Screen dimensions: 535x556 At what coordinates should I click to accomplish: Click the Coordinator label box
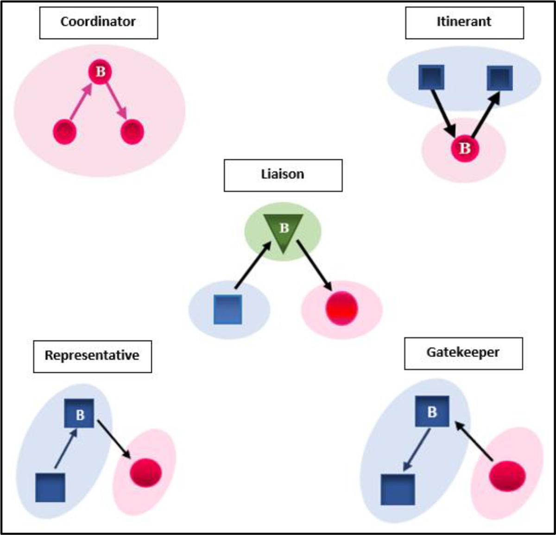coord(98,22)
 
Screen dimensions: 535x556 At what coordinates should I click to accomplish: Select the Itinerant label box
coord(464,22)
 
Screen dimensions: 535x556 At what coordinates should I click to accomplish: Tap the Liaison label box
coord(283,175)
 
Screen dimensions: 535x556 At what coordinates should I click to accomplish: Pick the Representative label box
coord(92,356)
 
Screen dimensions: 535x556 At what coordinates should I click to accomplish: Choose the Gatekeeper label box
coord(463,353)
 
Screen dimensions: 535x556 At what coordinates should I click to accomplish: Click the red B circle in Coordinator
coord(100,73)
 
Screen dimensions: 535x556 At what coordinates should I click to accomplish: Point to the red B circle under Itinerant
coord(464,149)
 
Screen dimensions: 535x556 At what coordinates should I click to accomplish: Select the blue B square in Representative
coord(79,414)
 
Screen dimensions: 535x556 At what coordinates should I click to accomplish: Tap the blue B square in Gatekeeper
coord(432,411)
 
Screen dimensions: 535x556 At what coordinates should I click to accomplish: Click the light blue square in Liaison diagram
coord(227,310)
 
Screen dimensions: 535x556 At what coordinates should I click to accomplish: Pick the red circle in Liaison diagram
coord(341,309)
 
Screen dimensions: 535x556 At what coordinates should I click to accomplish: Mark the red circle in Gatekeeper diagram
coord(507,476)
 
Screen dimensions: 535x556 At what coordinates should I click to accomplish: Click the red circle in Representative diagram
coord(145,473)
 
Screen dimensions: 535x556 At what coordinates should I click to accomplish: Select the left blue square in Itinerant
coord(431,77)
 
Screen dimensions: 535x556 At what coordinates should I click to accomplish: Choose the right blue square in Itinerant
coord(499,78)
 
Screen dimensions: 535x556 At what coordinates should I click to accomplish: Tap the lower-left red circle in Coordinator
coord(64,132)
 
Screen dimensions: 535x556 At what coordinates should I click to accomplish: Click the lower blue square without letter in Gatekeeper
coord(398,489)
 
